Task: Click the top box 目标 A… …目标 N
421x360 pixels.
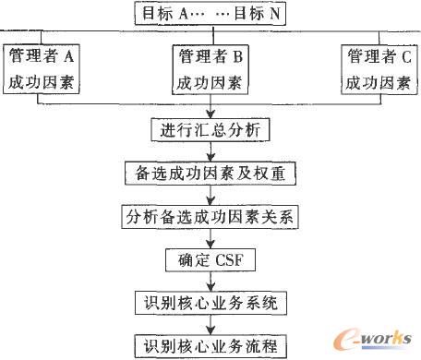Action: coord(210,16)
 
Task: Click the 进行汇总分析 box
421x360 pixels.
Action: coord(211,129)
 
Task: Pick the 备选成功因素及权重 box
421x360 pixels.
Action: coord(211,173)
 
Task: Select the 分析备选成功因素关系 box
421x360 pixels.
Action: coord(211,217)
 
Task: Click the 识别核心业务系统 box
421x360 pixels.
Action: coord(211,304)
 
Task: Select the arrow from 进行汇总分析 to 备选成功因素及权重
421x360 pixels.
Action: coord(211,151)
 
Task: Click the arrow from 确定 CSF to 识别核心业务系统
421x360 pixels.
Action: coord(211,282)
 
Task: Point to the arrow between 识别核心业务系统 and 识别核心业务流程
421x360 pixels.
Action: coord(211,326)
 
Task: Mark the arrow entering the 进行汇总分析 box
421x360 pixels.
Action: coord(211,110)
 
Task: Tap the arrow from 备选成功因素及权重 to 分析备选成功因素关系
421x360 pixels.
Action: coord(211,195)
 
